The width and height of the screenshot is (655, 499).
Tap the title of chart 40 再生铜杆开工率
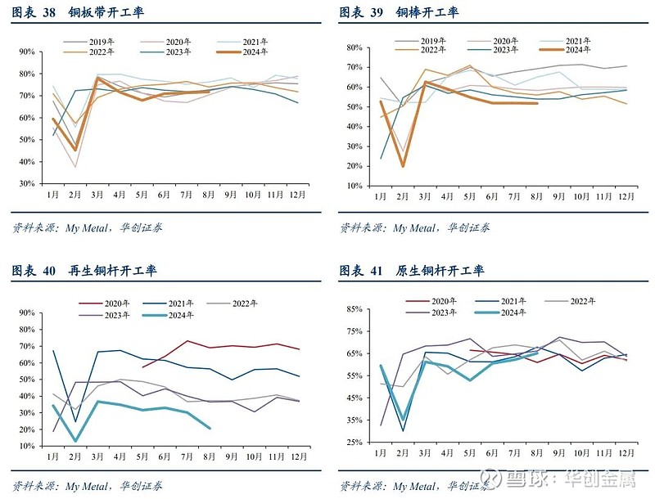click(x=84, y=271)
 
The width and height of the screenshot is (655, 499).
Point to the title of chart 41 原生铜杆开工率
click(x=411, y=271)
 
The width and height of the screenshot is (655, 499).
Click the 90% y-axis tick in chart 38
click(x=26, y=52)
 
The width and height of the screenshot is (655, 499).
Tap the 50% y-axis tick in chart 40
click(x=26, y=380)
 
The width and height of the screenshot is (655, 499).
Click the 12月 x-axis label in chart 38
click(x=299, y=196)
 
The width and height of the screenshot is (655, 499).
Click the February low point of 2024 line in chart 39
click(x=403, y=166)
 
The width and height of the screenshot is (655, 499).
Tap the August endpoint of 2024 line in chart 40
click(x=210, y=428)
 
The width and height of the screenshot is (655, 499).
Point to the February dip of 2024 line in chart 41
click(x=403, y=417)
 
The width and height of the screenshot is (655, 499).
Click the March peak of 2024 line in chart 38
click(x=97, y=78)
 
